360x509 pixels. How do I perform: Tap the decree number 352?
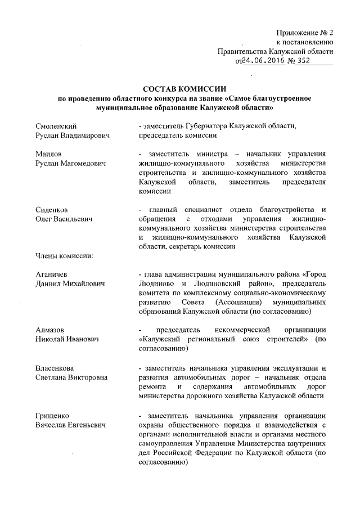click(x=305, y=62)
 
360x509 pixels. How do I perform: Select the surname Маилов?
click(x=48, y=154)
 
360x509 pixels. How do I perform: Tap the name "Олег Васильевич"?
click(x=64, y=220)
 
